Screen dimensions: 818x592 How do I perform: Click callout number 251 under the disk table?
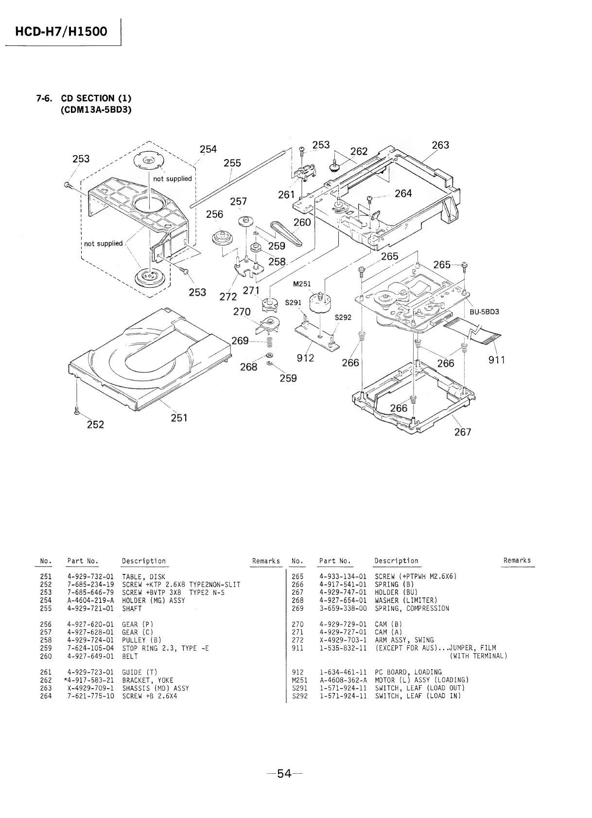(179, 418)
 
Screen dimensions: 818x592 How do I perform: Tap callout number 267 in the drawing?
(463, 432)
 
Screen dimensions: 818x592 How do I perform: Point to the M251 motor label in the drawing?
(302, 284)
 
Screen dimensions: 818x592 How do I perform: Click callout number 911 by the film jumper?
(497, 360)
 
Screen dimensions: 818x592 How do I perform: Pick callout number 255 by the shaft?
(232, 163)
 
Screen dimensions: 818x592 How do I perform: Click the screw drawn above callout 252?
(76, 411)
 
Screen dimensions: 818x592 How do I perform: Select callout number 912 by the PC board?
(305, 358)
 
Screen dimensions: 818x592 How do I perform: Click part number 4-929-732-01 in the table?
(90, 577)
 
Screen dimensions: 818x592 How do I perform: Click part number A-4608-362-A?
(343, 680)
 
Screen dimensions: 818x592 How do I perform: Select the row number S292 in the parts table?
(297, 696)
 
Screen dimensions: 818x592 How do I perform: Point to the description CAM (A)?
(388, 632)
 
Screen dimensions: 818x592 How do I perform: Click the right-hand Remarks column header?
(517, 560)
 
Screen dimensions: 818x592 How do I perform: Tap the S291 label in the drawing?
(293, 302)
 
